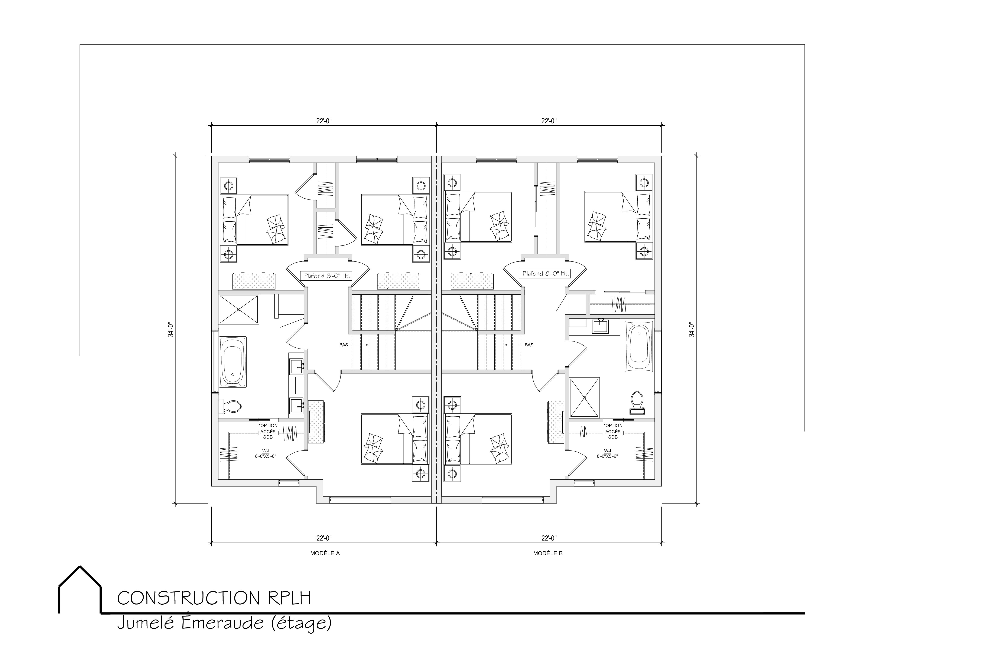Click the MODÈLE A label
point(325,554)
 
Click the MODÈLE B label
point(548,554)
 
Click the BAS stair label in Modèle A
point(344,345)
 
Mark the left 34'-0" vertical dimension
point(171,330)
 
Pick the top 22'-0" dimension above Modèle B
point(549,121)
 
